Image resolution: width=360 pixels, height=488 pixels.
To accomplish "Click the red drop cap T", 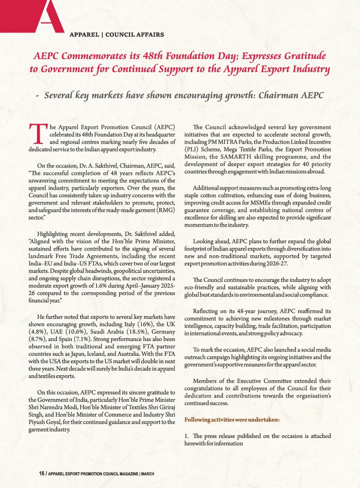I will click(x=37, y=133).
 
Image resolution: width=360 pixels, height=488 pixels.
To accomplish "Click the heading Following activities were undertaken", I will click(x=232, y=420).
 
